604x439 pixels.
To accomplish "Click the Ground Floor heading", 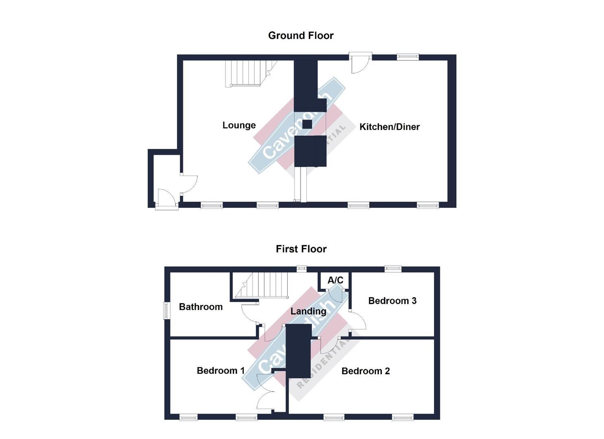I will click(x=301, y=36).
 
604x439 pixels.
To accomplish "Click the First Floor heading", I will click(x=301, y=249).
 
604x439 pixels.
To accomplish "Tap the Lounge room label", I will click(x=239, y=125).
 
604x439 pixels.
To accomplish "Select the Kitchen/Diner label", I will click(x=389, y=127).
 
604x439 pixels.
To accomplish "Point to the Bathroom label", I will click(x=201, y=307).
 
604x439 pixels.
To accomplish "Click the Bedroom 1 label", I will click(x=220, y=371).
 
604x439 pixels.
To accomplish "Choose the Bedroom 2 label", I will click(x=365, y=371).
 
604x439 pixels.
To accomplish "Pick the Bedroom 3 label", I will click(x=392, y=301).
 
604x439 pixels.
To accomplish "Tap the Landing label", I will click(x=308, y=311).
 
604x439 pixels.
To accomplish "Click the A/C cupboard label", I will click(x=335, y=280).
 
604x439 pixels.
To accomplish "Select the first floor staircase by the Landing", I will click(x=262, y=285).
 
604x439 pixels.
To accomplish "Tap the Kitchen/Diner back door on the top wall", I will click(x=360, y=63).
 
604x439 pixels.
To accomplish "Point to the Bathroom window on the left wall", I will click(x=166, y=311).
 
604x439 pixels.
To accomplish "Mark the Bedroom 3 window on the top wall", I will click(x=393, y=268).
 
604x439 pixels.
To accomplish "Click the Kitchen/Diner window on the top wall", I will click(x=408, y=57).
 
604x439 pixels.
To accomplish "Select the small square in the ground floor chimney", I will click(x=307, y=124).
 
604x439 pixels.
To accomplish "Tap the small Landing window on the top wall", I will click(x=301, y=268).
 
